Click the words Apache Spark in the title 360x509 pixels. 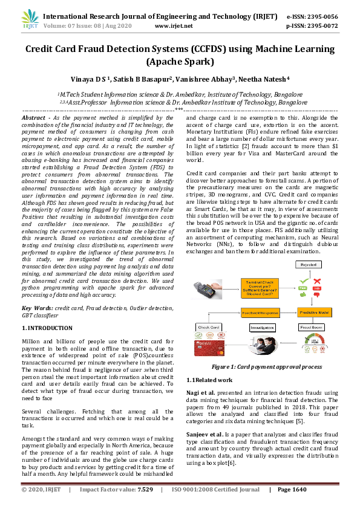click(180, 61)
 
